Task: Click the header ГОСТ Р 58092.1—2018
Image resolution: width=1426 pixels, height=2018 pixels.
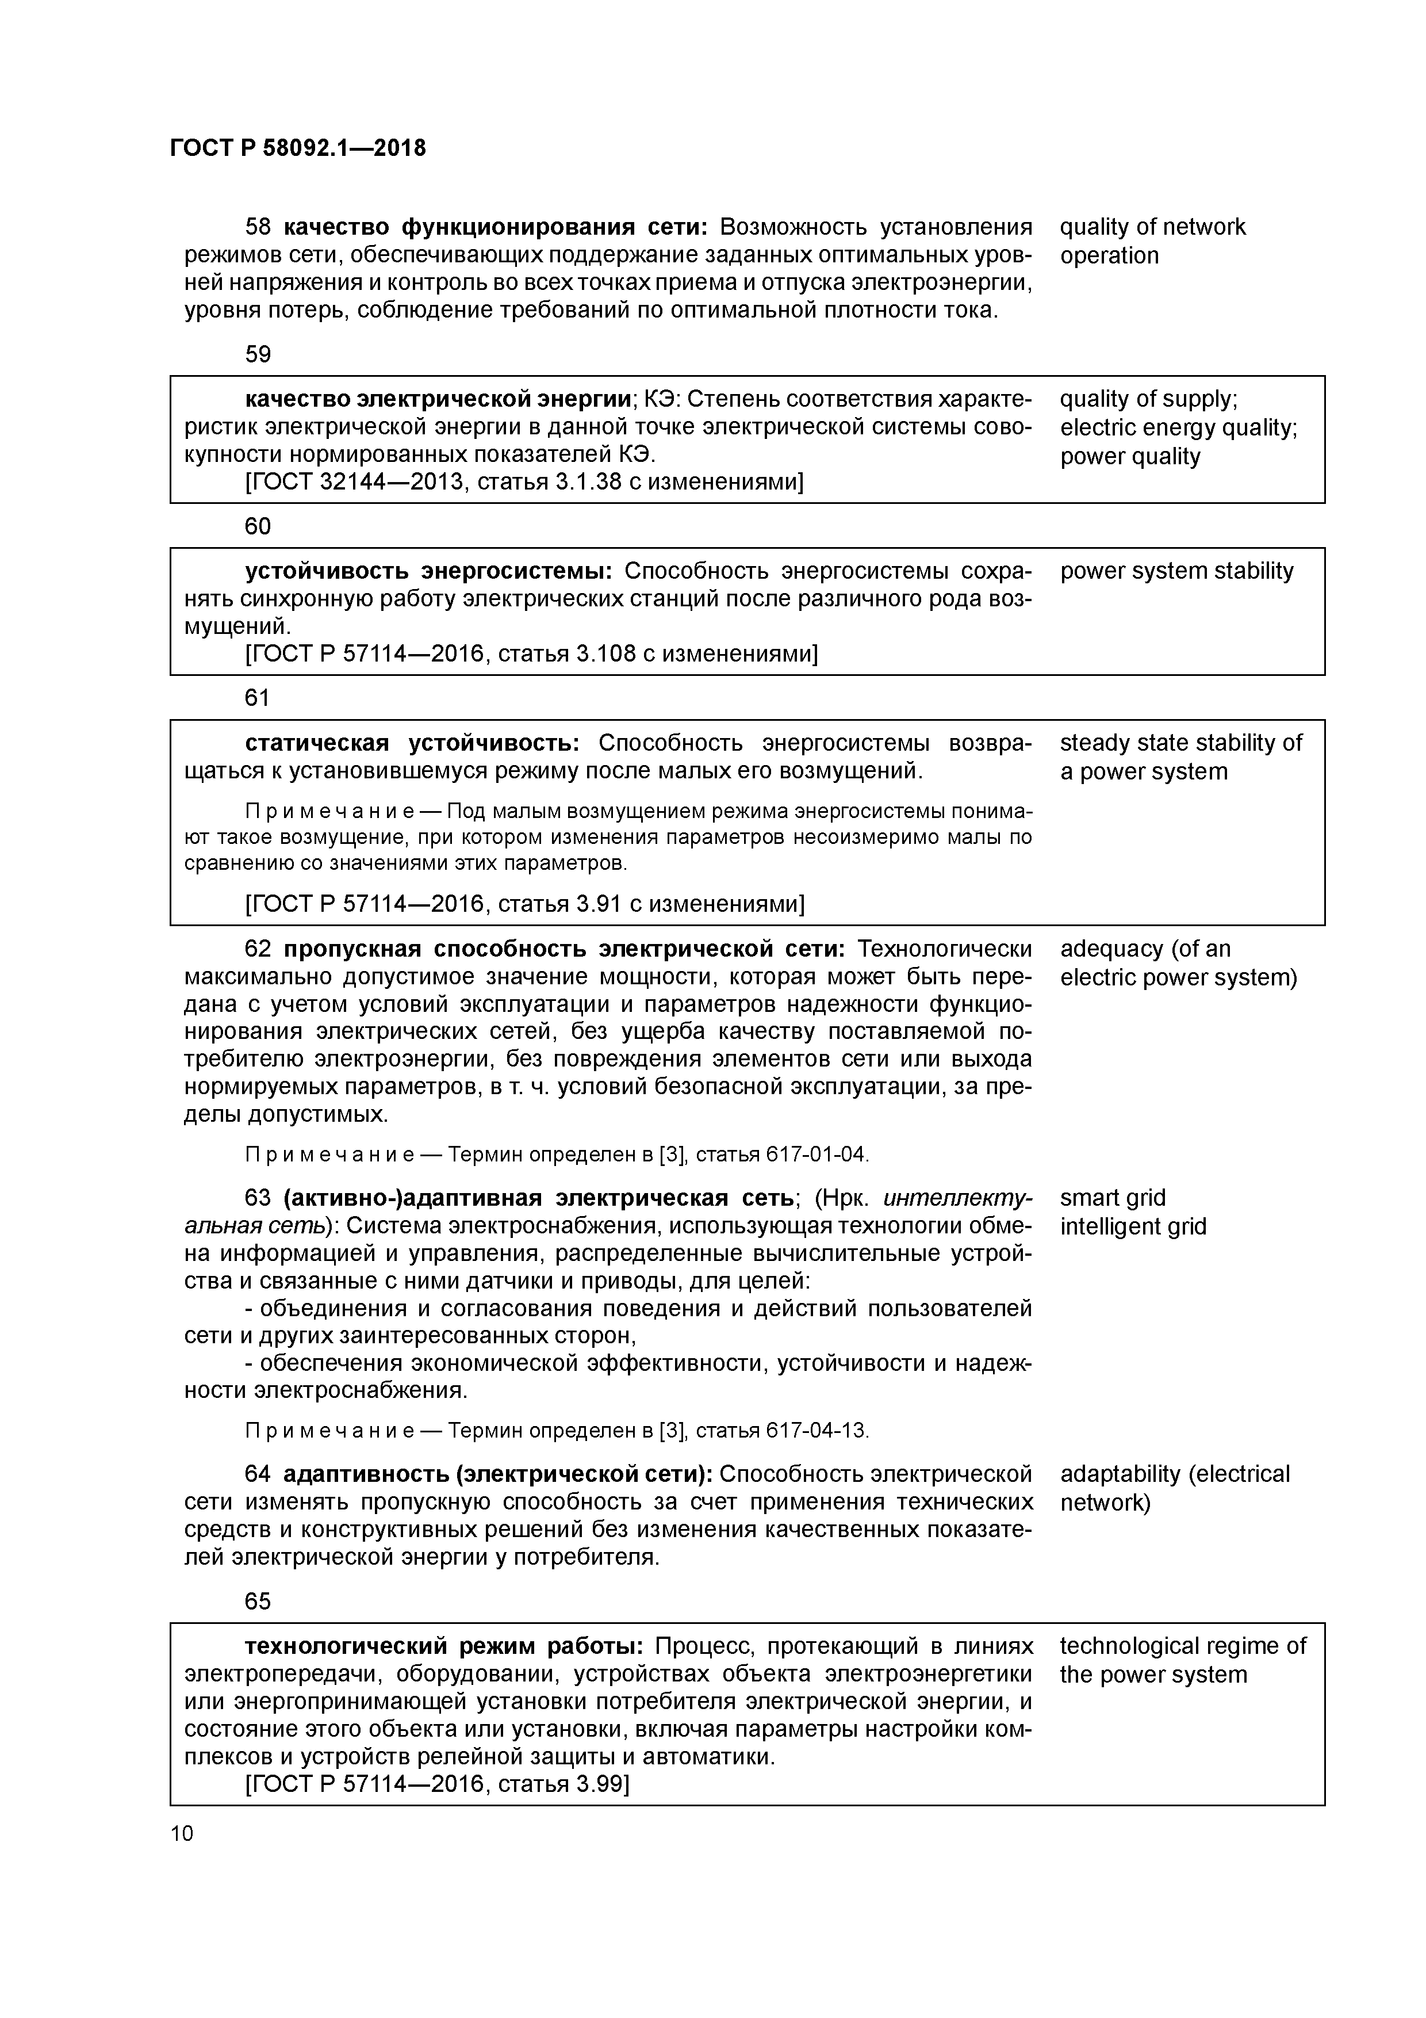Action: click(297, 148)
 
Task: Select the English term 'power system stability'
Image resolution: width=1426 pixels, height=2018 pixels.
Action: click(1176, 571)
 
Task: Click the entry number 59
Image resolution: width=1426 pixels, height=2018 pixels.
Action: click(258, 354)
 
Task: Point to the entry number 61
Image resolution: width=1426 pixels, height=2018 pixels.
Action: click(258, 698)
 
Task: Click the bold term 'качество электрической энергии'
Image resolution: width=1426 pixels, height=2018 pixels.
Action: click(438, 399)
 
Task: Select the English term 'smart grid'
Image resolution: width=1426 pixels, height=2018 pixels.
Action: click(1112, 1198)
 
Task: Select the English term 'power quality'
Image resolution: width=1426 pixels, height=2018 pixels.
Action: click(1129, 457)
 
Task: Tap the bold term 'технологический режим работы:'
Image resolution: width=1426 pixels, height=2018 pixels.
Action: click(444, 1646)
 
